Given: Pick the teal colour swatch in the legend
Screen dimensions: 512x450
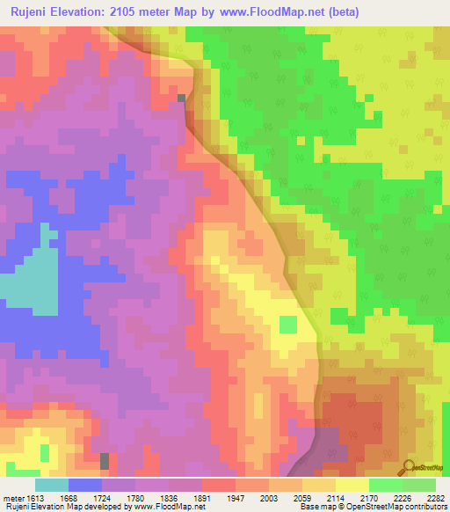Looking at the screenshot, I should [52, 485].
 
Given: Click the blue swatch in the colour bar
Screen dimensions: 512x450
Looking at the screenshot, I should [85, 485].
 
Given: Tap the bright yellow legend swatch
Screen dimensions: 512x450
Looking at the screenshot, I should [352, 485].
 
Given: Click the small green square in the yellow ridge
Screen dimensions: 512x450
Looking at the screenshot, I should [287, 325].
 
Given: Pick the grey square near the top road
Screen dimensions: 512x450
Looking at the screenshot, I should [182, 99].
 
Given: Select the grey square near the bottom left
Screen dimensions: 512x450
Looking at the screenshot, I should [105, 461].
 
